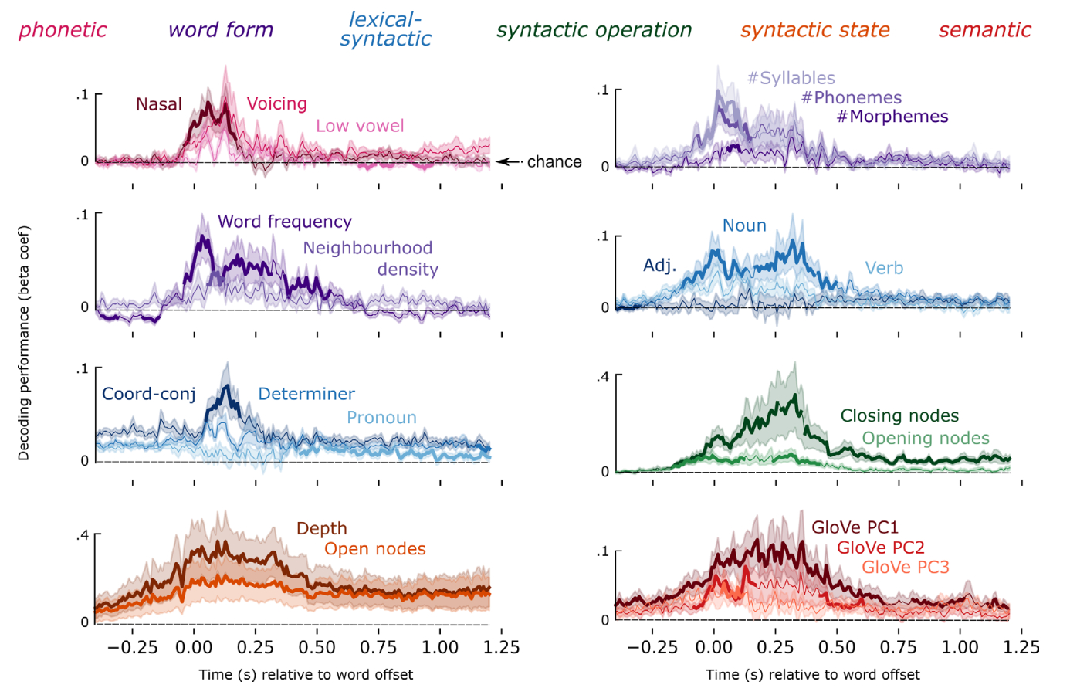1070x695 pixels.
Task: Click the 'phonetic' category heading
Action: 63,30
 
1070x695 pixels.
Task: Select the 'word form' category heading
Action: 221,30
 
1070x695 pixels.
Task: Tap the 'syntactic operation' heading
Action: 594,30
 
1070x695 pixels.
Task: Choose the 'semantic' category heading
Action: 984,30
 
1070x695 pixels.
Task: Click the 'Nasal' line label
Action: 158,104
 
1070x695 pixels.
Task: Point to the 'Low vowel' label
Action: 360,126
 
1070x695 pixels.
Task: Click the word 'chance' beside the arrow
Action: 554,161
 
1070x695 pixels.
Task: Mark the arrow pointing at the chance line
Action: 509,161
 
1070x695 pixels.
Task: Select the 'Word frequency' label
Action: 284,222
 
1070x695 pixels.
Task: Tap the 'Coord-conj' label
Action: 149,394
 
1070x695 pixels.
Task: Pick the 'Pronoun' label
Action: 381,418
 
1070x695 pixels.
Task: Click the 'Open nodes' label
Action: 374,549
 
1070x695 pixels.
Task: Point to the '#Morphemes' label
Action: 892,117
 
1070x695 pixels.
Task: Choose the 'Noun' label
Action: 744,225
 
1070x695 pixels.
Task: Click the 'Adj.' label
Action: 659,266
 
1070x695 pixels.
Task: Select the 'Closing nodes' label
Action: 899,416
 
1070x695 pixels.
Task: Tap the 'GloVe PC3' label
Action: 905,568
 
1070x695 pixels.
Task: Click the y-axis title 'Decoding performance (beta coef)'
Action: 24,343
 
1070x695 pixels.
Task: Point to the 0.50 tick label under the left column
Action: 317,648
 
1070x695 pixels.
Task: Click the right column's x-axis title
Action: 812,675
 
